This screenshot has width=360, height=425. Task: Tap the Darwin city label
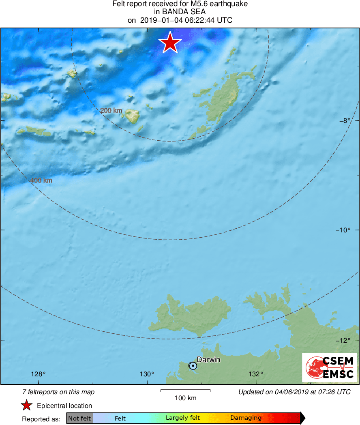(208, 359)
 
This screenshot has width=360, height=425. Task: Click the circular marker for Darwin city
(193, 366)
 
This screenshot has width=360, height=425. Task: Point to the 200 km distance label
(111, 110)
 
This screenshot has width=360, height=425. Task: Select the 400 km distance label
(42, 180)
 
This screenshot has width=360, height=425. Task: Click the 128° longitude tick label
(39, 374)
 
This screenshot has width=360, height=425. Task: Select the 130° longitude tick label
(147, 374)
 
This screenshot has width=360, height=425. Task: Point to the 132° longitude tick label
(256, 374)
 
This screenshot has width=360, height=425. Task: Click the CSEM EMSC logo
(329, 367)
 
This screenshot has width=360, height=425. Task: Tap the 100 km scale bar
(185, 391)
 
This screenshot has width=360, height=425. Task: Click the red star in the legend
(27, 406)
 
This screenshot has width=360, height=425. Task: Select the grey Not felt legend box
(79, 418)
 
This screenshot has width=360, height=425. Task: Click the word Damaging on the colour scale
(246, 418)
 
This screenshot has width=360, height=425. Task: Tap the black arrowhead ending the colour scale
(302, 418)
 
